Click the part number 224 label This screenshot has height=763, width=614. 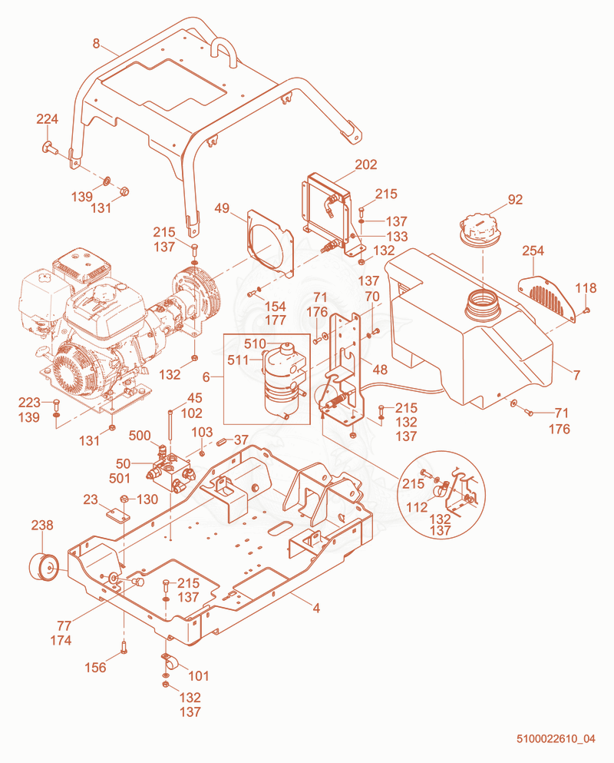click(x=47, y=119)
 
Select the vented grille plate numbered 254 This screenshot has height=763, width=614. click(x=547, y=299)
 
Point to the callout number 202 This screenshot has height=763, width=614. click(x=366, y=165)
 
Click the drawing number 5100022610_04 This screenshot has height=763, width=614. click(x=556, y=738)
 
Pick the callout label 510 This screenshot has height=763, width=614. click(x=255, y=344)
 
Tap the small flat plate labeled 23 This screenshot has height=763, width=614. click(x=117, y=515)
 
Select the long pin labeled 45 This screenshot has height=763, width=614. click(x=170, y=427)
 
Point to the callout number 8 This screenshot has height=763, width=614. click(x=96, y=44)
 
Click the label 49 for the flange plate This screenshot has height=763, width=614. click(x=222, y=208)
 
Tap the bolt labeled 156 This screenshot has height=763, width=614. click(x=124, y=648)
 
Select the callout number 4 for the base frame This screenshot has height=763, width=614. click(x=316, y=609)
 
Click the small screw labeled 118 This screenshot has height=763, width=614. click(x=586, y=310)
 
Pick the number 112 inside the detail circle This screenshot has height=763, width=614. click(x=416, y=508)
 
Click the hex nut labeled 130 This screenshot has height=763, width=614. click(x=124, y=499)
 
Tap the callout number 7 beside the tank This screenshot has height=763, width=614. click(x=576, y=375)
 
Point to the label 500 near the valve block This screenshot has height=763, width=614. click(x=140, y=436)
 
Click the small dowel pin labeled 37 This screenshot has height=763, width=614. click(x=221, y=442)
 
